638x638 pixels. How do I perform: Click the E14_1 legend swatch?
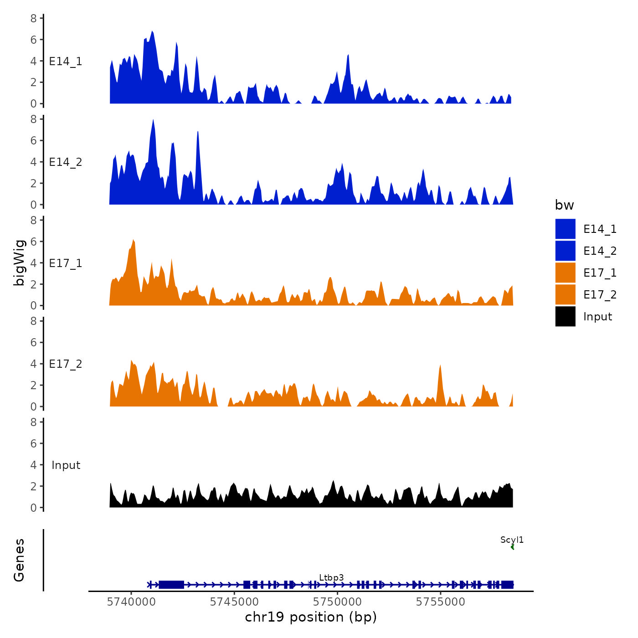(565, 229)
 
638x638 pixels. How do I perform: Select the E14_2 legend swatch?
(565, 251)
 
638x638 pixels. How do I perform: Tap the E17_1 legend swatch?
(565, 273)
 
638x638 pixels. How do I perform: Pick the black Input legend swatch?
(565, 316)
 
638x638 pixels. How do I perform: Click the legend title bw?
(564, 205)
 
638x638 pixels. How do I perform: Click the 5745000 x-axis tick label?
(235, 602)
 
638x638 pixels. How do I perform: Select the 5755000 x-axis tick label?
(441, 602)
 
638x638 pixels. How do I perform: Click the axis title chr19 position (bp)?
(311, 617)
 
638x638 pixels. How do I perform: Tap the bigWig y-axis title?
(19, 262)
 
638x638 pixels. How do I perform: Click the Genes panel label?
(19, 560)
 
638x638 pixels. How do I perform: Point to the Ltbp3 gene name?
(331, 577)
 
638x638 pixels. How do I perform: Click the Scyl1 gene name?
(512, 540)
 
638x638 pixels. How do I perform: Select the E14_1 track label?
(66, 61)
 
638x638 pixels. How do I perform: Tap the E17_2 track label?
(66, 364)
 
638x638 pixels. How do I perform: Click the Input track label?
(66, 465)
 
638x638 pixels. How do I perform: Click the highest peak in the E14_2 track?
(153, 120)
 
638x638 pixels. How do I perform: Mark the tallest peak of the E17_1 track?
(133, 240)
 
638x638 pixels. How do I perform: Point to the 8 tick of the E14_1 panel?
(34, 18)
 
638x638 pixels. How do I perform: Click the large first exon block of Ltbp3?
(171, 585)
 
